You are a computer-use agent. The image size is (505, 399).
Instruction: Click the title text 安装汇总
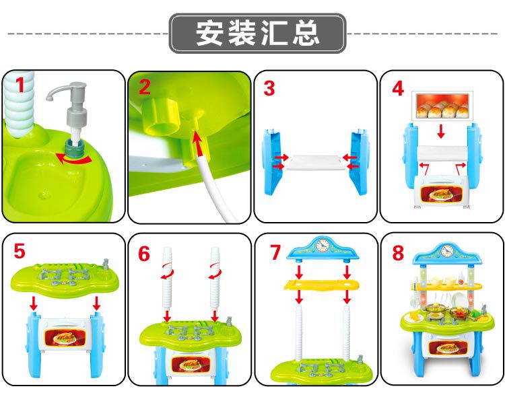(257, 33)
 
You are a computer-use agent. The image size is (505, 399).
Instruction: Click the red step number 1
(20, 85)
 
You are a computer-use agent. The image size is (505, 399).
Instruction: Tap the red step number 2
(144, 87)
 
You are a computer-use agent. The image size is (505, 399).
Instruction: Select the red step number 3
(269, 88)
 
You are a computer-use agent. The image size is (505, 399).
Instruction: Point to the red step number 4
(398, 87)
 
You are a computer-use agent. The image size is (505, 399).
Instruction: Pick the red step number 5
(20, 252)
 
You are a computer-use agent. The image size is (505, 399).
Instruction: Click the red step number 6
(144, 254)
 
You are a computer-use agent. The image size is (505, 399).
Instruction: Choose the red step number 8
(398, 253)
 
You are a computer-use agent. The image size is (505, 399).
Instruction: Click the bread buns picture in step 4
(442, 106)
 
